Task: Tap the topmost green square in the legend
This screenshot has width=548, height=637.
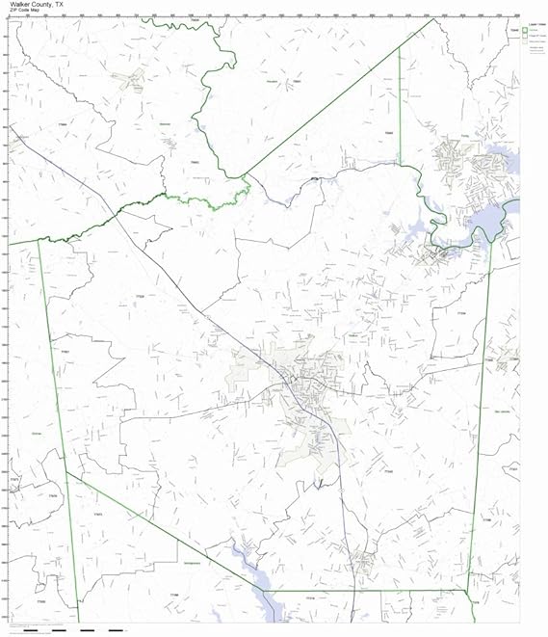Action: click(x=525, y=30)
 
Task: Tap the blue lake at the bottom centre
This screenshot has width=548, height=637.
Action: click(x=258, y=576)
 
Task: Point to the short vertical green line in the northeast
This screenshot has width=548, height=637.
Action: click(x=400, y=106)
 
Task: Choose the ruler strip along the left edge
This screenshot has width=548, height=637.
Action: click(x=6, y=318)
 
